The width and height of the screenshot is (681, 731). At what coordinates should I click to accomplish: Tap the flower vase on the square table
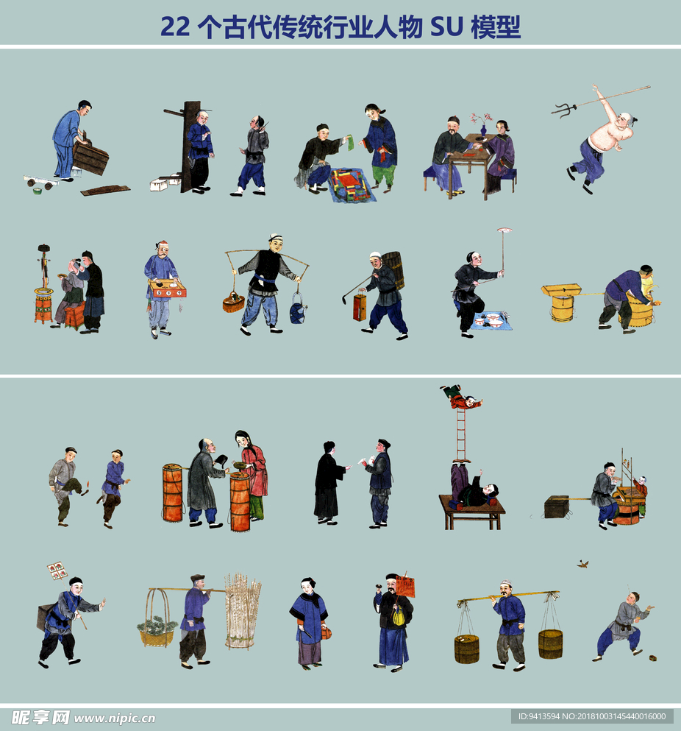tap(483, 130)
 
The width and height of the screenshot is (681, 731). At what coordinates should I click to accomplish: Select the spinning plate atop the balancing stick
tap(504, 230)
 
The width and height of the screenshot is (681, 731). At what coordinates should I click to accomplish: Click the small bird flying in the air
tap(582, 564)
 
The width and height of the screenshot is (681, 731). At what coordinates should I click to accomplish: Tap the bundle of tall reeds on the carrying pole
tap(242, 611)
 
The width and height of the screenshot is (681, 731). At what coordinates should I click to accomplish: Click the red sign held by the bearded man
tap(406, 586)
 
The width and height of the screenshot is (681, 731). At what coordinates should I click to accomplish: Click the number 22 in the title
tap(175, 27)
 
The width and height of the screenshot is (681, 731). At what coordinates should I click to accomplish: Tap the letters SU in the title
tap(446, 27)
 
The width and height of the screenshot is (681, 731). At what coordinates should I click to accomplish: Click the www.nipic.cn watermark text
tap(115, 718)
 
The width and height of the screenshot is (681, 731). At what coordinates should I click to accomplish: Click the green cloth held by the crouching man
tap(350, 143)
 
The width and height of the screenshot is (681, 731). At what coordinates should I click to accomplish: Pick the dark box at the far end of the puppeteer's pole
tap(557, 506)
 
